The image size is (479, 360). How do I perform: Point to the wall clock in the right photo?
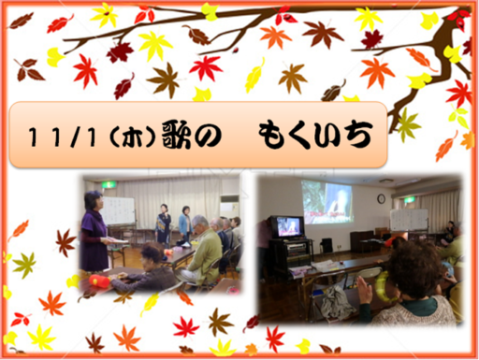pos(381,198)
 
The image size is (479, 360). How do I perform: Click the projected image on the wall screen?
pos(327,203)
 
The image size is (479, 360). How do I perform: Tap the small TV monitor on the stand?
pos(288,226)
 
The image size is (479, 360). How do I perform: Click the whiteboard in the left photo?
pos(119,210)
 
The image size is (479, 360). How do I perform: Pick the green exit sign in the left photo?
pos(110,185)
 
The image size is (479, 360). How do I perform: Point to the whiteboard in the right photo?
pos(409,220)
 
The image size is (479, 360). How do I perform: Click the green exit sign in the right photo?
pos(408,199)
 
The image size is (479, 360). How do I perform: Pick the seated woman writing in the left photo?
pos(151,268)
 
